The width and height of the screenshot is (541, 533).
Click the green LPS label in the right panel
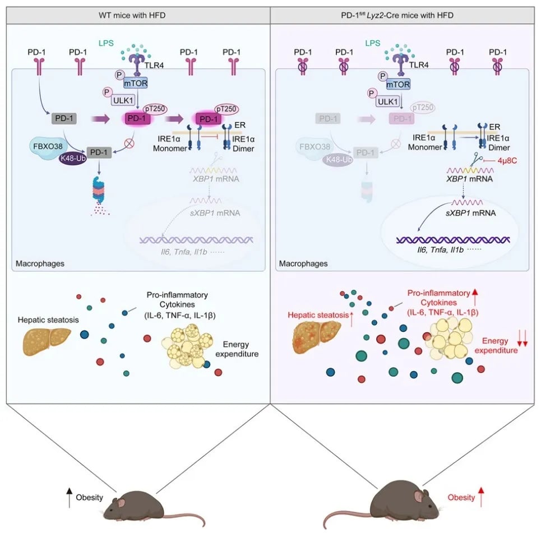[x=372, y=43]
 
